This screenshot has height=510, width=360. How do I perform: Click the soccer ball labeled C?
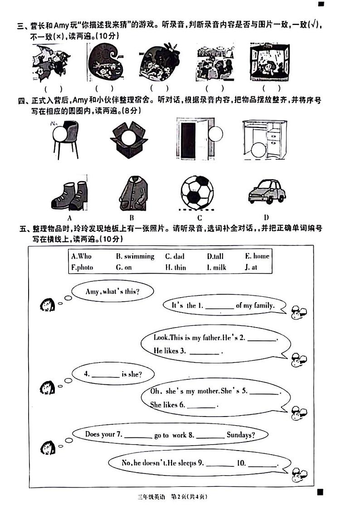coord(197,192)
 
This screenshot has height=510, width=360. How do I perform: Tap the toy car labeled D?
coord(267,191)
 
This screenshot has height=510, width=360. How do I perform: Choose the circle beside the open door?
coord(216,134)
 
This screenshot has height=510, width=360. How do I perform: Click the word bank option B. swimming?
coord(135,256)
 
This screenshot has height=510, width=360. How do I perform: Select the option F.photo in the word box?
coord(82,268)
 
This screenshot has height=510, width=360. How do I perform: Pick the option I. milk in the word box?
coord(216,268)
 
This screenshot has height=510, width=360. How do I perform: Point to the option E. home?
coord(257,256)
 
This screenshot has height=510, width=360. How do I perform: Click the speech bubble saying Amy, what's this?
coord(112,292)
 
